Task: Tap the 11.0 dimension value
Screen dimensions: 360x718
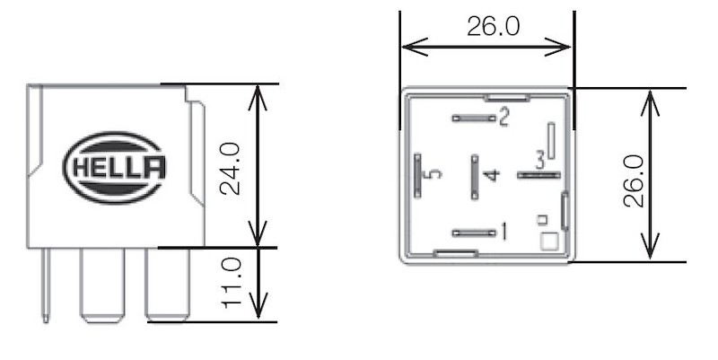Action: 231,284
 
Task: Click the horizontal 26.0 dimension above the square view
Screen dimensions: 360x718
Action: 493,26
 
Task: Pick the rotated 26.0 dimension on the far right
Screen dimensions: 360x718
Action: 635,180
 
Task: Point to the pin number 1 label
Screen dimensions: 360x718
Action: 503,233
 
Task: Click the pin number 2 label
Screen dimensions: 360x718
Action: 503,117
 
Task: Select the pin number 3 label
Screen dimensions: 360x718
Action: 539,161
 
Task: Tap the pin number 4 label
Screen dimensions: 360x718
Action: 489,174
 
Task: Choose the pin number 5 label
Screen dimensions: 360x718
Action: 435,174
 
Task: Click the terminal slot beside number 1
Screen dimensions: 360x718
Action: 474,233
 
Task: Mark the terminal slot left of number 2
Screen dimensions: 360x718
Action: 474,118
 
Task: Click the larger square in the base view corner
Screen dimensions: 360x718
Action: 548,241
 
